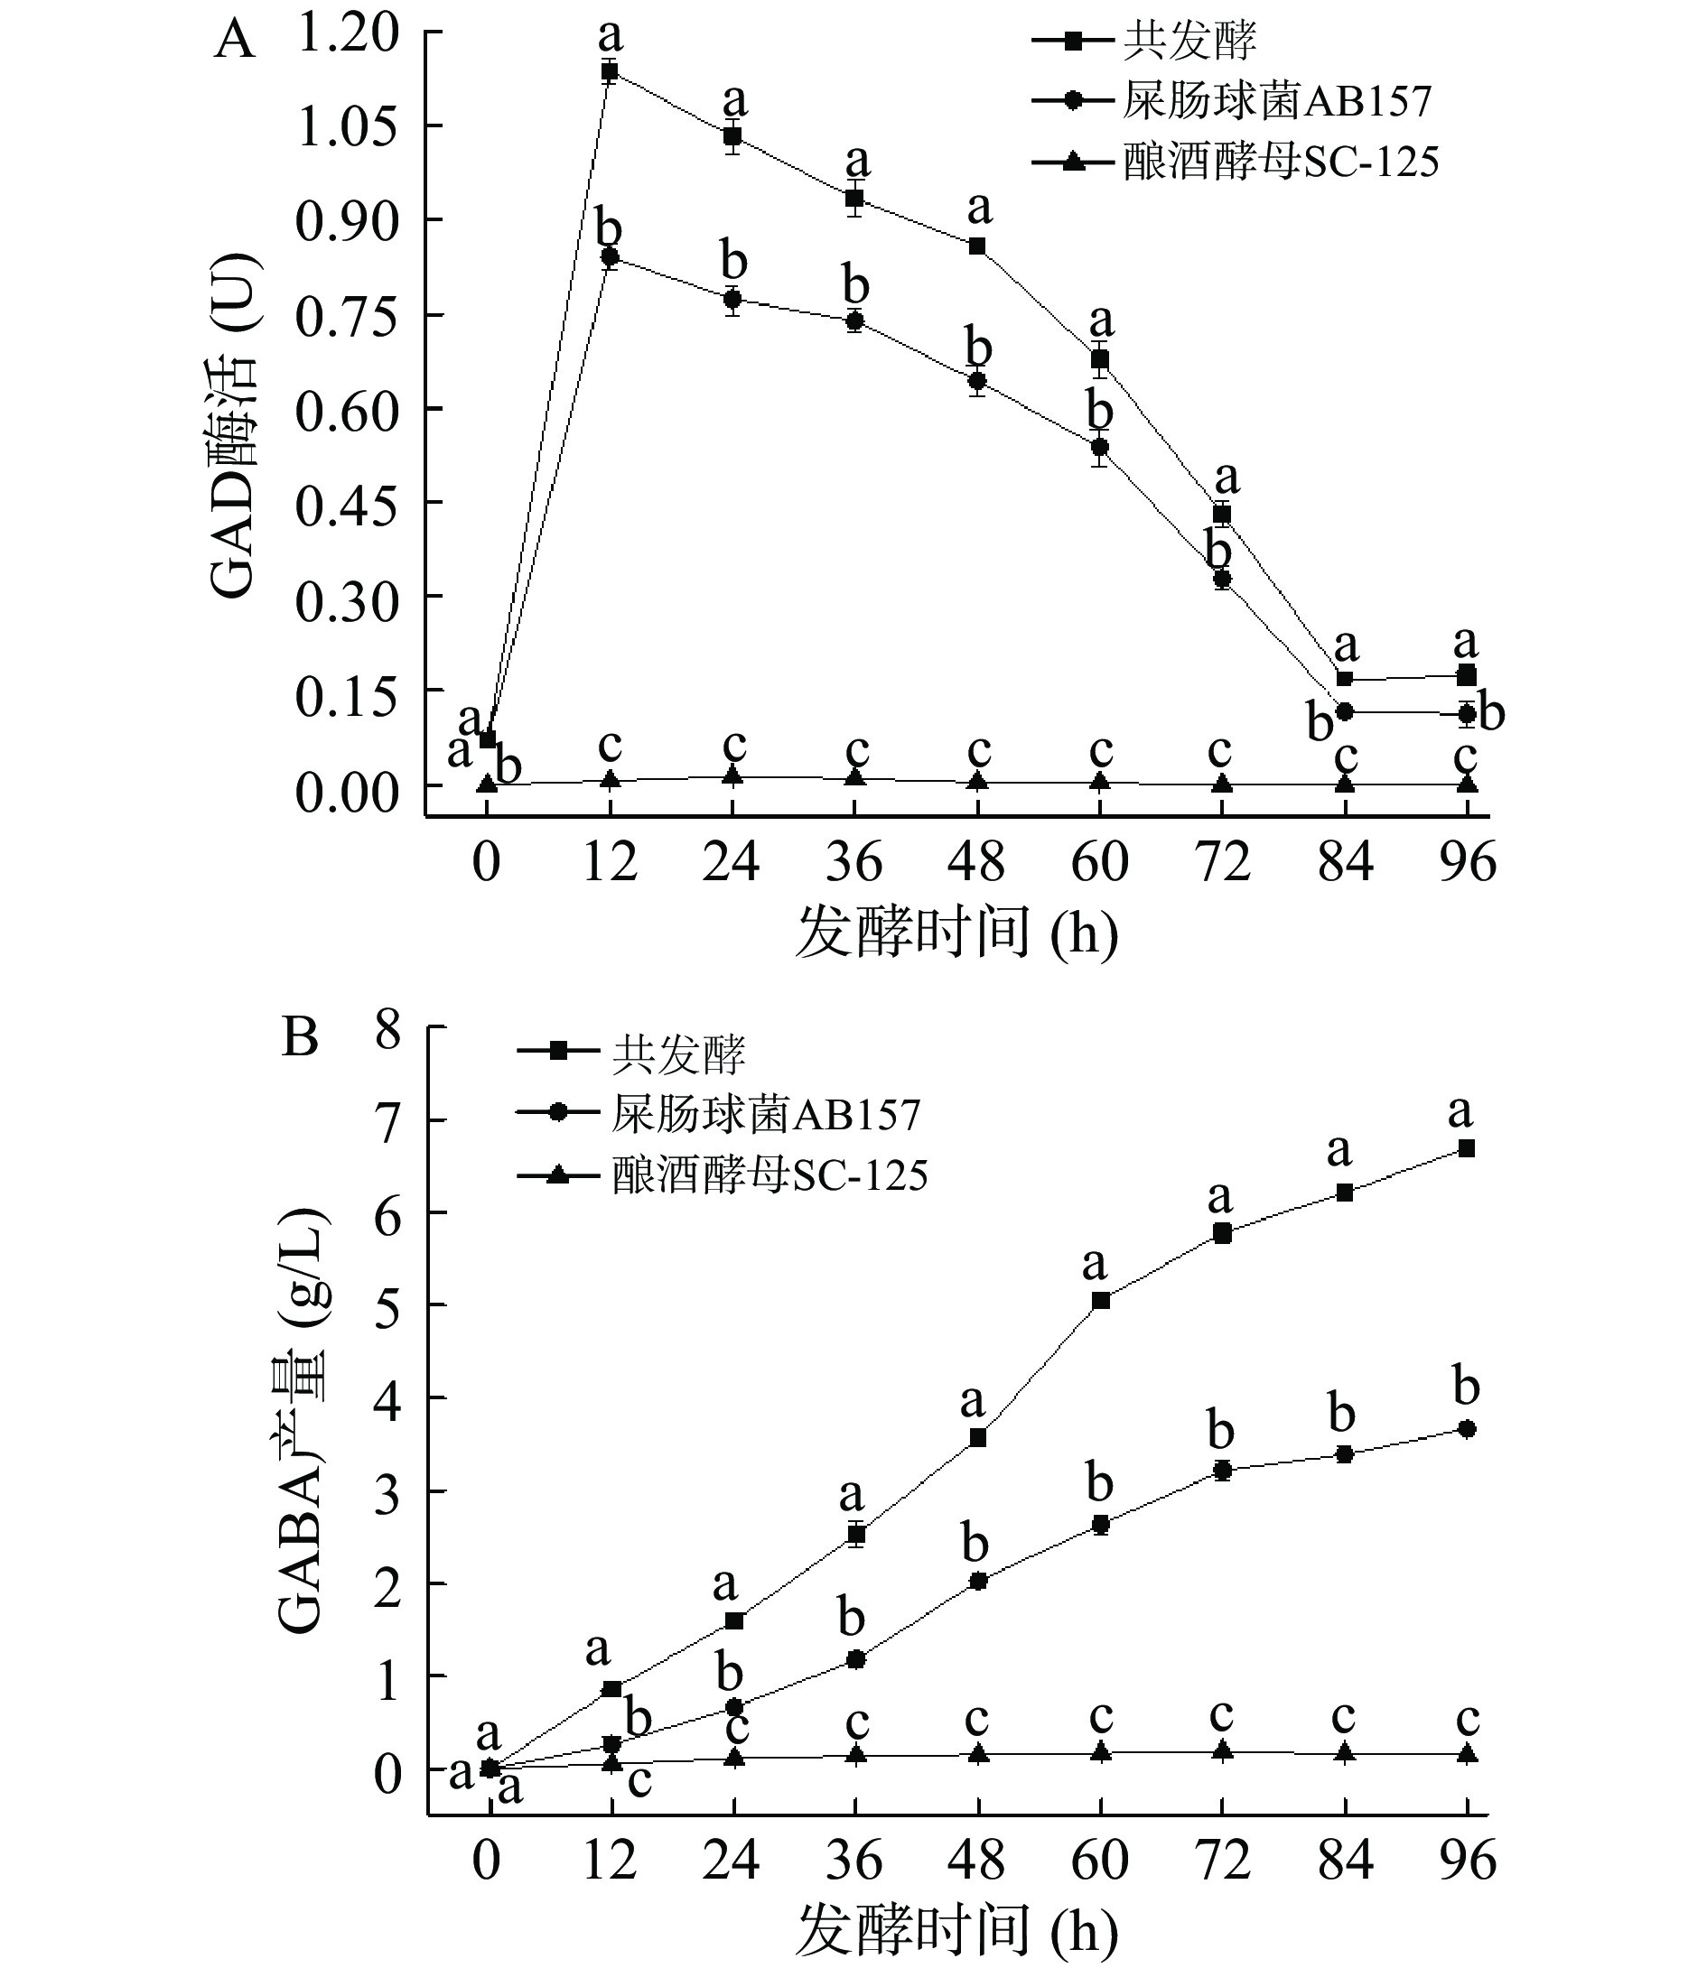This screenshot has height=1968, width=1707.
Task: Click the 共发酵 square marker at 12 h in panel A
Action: click(x=610, y=71)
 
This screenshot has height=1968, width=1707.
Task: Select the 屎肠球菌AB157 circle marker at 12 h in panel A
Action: click(x=610, y=257)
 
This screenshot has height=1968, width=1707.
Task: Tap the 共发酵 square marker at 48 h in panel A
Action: click(x=977, y=246)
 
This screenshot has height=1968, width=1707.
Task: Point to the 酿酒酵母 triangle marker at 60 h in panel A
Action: click(x=1100, y=782)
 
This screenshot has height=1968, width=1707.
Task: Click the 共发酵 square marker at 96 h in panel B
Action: click(x=1467, y=1149)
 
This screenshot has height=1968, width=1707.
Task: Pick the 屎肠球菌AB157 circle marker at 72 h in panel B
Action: click(x=1222, y=1471)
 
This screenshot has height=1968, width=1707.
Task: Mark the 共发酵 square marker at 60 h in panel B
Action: click(x=1100, y=1301)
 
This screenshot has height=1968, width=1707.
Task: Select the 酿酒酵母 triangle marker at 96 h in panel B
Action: click(x=1467, y=1753)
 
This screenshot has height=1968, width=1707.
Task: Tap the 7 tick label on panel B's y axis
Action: click(x=387, y=1120)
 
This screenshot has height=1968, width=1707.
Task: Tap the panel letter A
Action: click(x=234, y=42)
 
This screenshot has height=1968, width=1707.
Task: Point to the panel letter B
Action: click(x=300, y=1039)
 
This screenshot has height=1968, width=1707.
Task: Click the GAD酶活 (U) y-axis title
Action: click(x=231, y=425)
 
